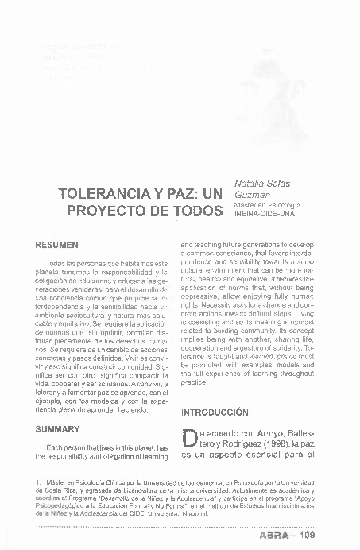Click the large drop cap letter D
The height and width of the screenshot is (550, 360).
coord(189,440)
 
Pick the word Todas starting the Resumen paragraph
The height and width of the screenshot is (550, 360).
coord(56,263)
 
